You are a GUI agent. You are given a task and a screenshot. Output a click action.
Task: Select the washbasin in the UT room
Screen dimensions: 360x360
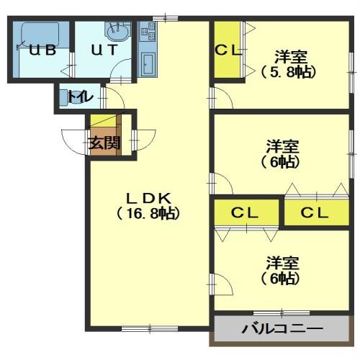click(x=117, y=32)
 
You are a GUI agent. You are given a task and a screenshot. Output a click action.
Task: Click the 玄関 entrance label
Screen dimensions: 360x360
click(x=104, y=143)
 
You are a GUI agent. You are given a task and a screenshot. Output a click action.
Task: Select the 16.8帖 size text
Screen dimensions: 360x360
click(x=148, y=213)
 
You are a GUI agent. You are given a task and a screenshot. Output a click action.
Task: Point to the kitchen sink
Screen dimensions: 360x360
click(x=150, y=63)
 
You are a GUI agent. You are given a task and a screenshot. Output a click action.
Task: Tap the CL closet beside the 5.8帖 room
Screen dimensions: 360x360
click(x=228, y=50)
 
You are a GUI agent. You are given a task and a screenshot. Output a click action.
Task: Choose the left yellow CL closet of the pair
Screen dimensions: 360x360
click(x=245, y=213)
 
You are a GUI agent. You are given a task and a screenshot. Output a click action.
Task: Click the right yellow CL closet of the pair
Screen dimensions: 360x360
click(x=315, y=213)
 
